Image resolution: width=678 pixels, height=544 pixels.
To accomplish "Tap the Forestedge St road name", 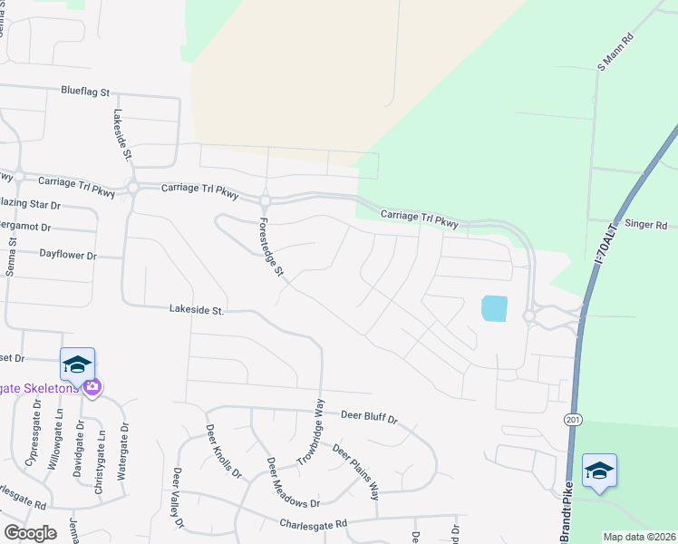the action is pyautogui.click(x=270, y=247).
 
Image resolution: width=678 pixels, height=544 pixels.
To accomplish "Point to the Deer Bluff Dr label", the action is pyautogui.click(x=370, y=418).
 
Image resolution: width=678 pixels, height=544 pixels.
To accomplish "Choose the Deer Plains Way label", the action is pyautogui.click(x=355, y=471).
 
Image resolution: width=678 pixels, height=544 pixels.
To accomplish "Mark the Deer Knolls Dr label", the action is pyautogui.click(x=224, y=452).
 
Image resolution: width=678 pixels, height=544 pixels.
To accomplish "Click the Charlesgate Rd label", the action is pyautogui.click(x=314, y=524).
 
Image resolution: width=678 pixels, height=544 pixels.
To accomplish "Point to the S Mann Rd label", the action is pyautogui.click(x=614, y=55).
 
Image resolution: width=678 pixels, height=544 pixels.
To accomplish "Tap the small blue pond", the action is pyautogui.click(x=495, y=308).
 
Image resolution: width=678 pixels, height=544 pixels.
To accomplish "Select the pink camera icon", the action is pyautogui.click(x=92, y=387).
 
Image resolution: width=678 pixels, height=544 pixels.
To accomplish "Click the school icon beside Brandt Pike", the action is pyautogui.click(x=599, y=471).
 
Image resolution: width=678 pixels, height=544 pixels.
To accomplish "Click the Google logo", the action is pyautogui.click(x=30, y=533).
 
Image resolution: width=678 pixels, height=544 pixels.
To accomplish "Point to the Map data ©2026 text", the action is pyautogui.click(x=638, y=537).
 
